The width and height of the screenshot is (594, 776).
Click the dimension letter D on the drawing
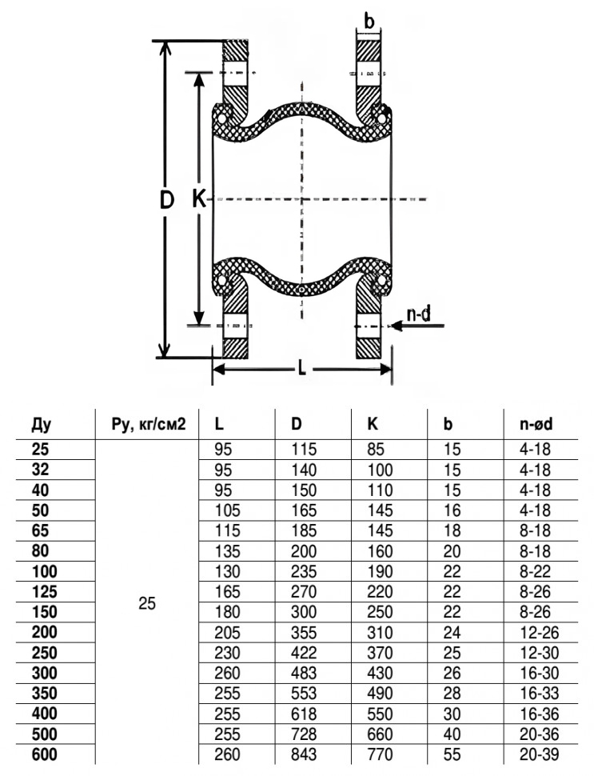167,201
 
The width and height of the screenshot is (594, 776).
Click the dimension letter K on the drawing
199,199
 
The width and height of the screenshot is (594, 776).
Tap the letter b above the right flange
369,22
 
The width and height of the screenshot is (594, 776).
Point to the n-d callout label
417,314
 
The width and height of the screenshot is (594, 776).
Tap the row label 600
45,757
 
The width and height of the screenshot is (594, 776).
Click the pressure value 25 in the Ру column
146,603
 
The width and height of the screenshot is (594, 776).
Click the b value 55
452,757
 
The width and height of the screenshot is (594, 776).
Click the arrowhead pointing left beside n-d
395,326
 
